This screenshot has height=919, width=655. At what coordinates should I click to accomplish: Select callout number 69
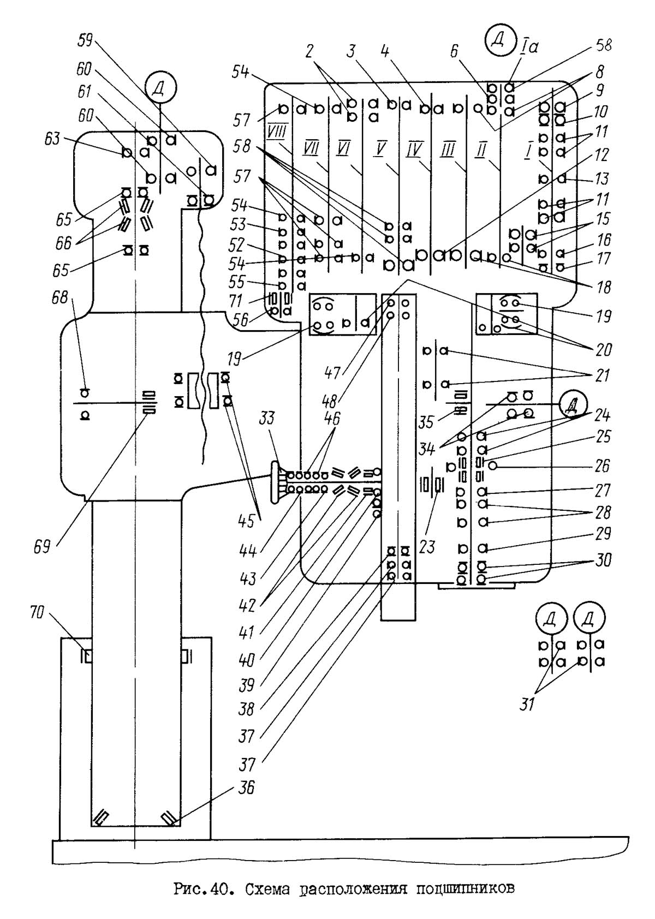(42, 547)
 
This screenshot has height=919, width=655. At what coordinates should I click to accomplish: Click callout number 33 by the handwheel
(266, 418)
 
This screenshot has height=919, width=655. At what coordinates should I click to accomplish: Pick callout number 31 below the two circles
(526, 705)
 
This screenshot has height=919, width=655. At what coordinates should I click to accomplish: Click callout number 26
(603, 465)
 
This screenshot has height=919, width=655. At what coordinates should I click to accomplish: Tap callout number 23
(427, 546)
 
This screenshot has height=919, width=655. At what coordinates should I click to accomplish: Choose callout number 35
(426, 421)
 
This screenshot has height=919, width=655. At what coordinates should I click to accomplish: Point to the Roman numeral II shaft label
(480, 149)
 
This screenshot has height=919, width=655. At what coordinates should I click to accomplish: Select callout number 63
(52, 140)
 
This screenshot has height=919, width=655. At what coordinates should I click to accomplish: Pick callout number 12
(602, 156)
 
